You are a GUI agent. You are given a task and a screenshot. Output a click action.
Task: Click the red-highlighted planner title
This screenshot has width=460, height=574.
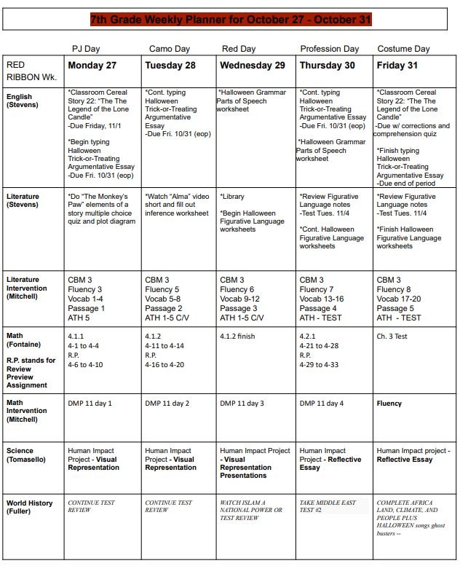(231, 20)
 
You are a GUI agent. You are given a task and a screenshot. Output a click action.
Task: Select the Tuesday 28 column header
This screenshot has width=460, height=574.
(170, 65)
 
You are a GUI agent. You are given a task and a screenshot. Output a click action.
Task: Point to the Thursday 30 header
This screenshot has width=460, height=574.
(327, 65)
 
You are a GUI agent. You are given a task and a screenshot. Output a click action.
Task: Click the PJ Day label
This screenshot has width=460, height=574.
(85, 49)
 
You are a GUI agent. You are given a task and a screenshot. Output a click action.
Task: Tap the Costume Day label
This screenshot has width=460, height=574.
(404, 49)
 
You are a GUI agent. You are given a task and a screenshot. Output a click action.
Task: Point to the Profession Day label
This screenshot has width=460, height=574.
(330, 49)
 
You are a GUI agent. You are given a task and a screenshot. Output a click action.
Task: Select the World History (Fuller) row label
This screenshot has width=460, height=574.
(30, 507)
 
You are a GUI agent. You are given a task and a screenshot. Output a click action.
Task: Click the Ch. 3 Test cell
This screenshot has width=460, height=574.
(392, 337)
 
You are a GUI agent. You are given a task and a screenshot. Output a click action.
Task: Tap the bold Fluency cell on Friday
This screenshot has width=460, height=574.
(389, 403)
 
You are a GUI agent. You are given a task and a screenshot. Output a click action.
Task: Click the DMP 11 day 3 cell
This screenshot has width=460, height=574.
(242, 403)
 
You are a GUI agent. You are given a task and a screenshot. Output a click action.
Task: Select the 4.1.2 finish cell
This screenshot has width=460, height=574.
(237, 337)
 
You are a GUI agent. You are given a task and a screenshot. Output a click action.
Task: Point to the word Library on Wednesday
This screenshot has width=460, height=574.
(234, 197)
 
